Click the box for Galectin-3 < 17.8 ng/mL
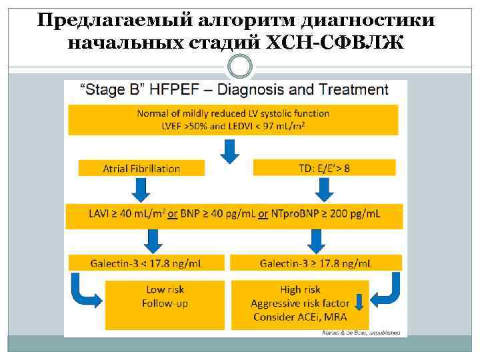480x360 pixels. pyautogui.click(x=147, y=263)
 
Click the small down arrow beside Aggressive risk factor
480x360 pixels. pyautogui.click(x=359, y=304)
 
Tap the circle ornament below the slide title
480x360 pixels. pyautogui.click(x=240, y=67)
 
